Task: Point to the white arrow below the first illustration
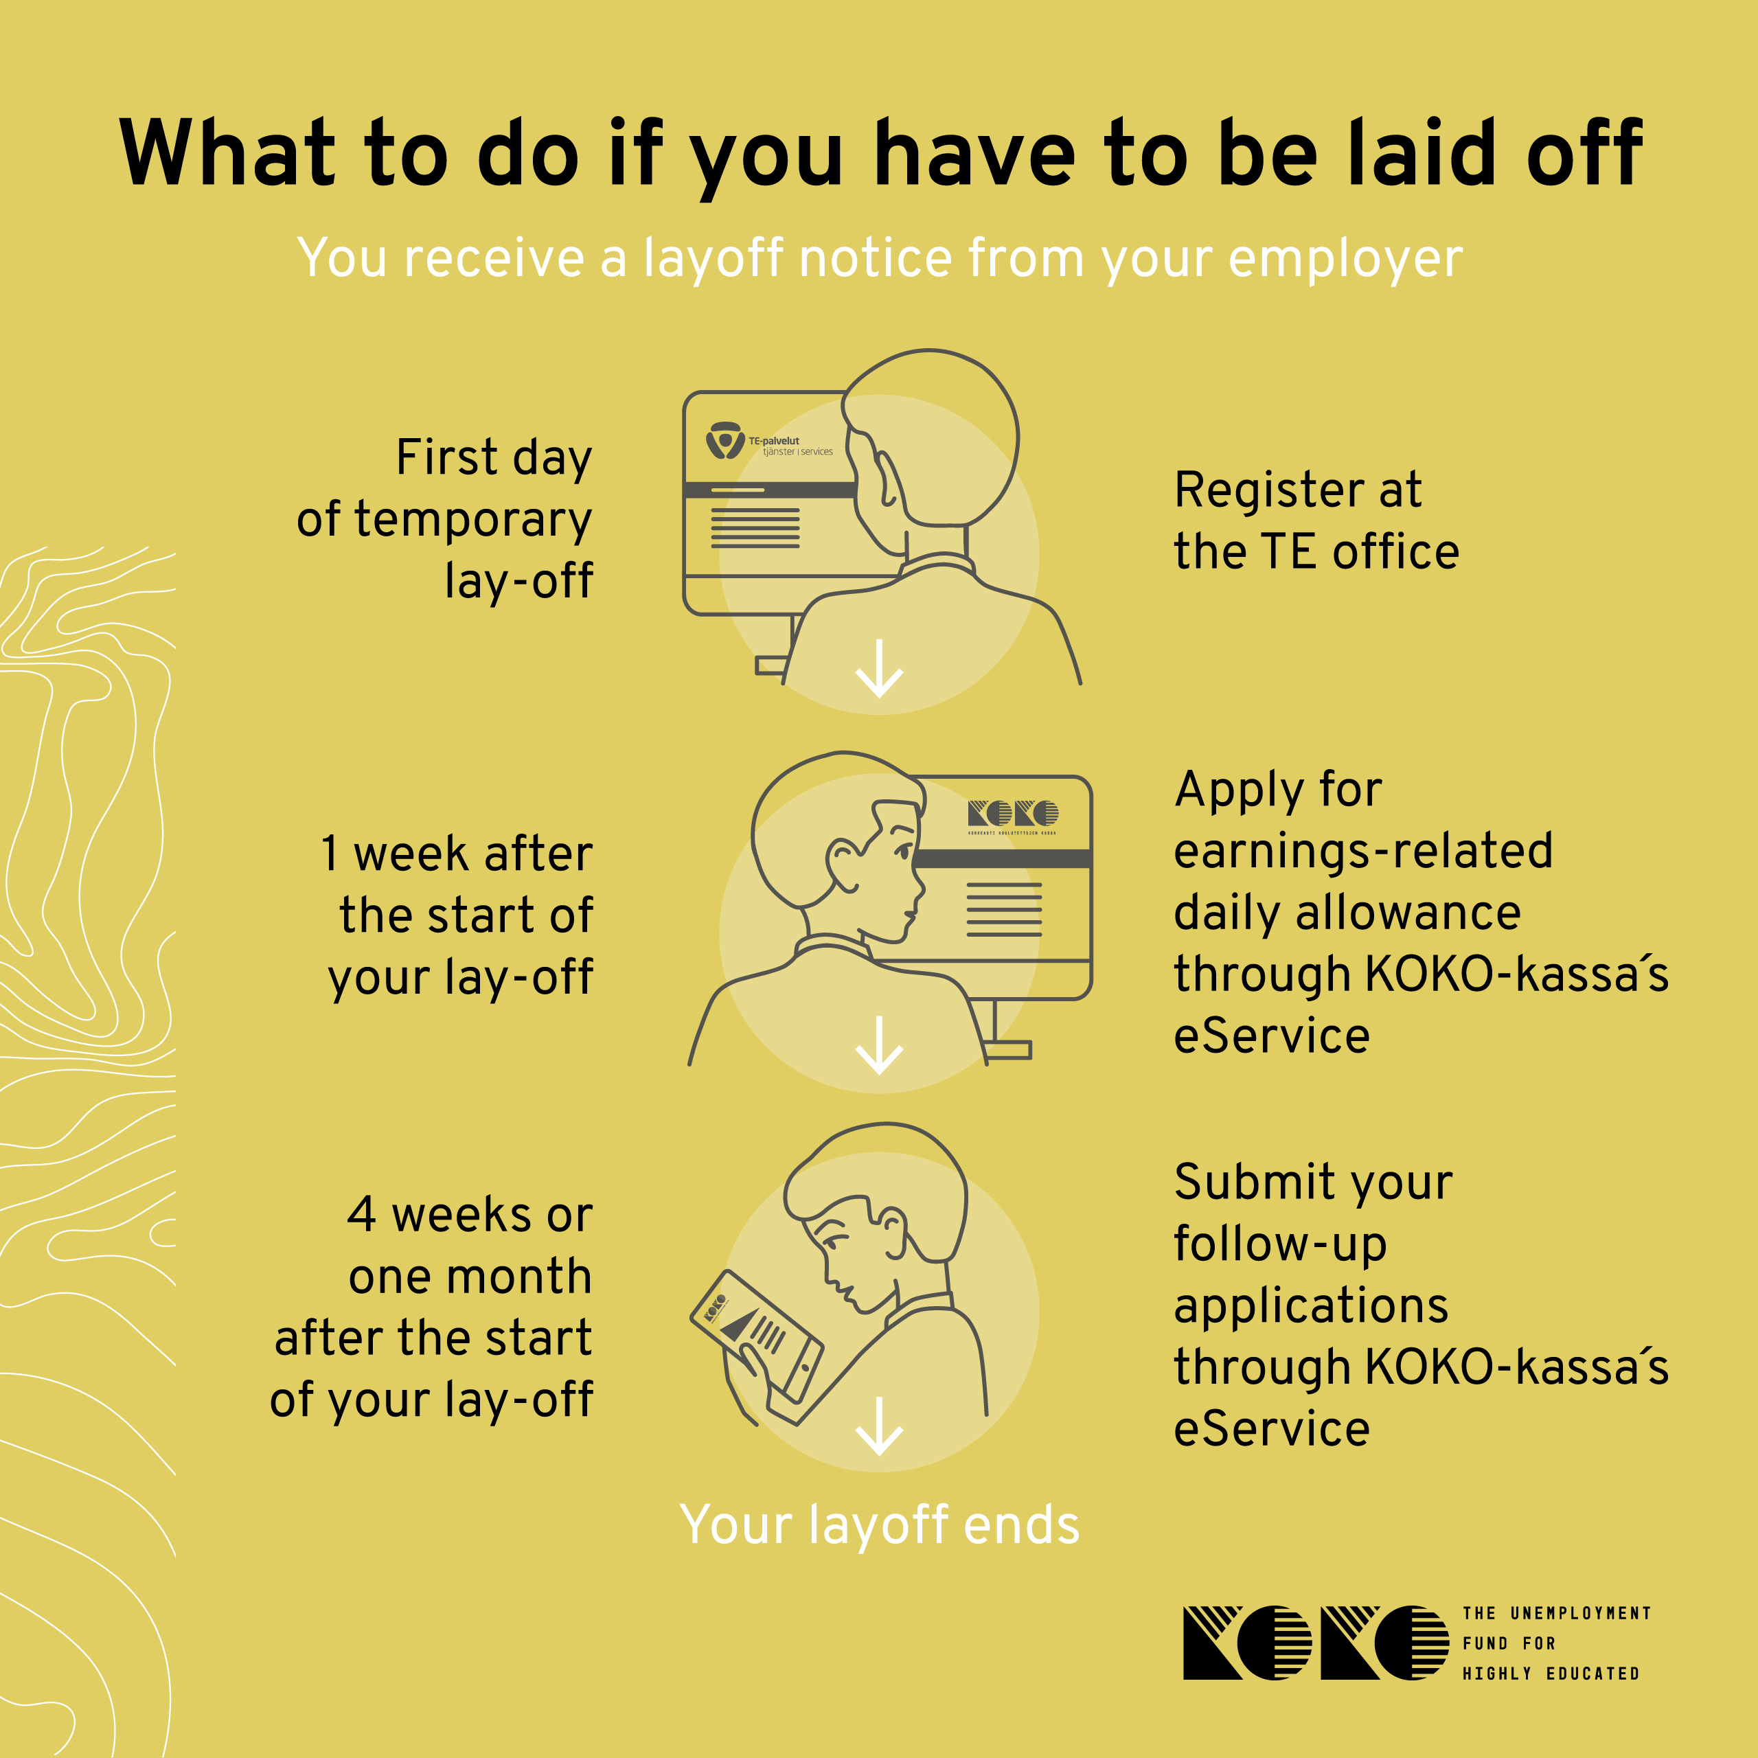pyautogui.click(x=879, y=669)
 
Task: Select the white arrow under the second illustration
pyautogui.click(x=879, y=1045)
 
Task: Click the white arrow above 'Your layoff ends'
pyautogui.click(x=879, y=1426)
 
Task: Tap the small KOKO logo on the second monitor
pyautogui.click(x=1013, y=817)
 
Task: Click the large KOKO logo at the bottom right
pyautogui.click(x=1316, y=1643)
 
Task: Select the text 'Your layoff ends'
pyautogui.click(x=880, y=1525)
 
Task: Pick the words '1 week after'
pyautogui.click(x=457, y=854)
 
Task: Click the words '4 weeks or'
pyautogui.click(x=470, y=1215)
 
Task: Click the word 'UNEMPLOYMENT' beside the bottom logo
pyautogui.click(x=1581, y=1613)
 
